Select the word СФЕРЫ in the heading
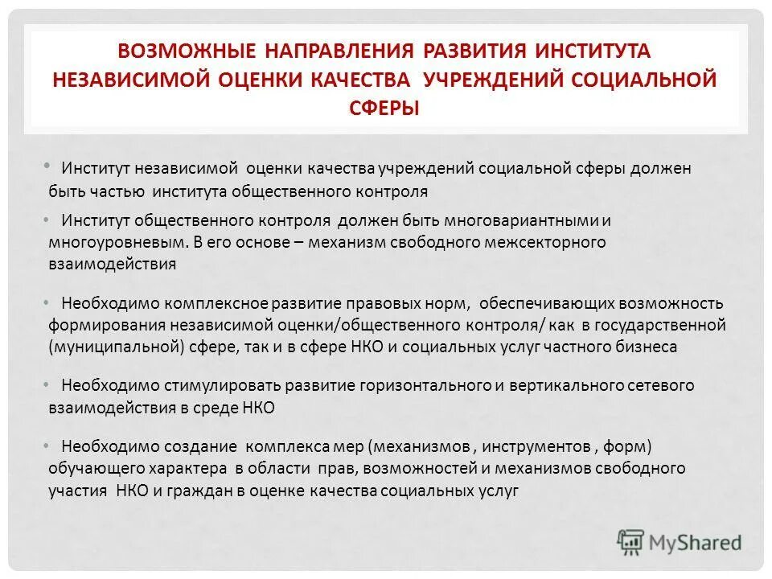[x=385, y=109]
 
